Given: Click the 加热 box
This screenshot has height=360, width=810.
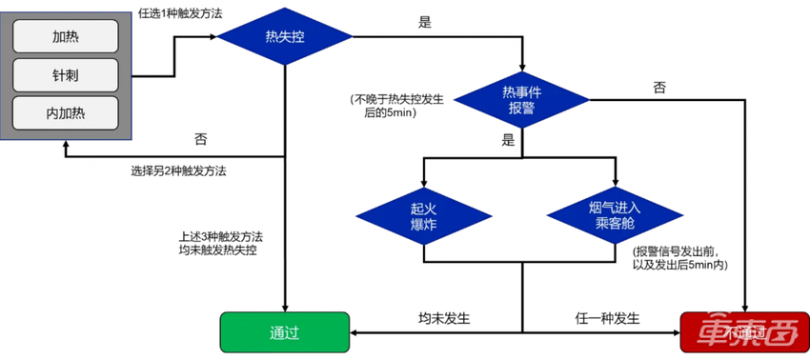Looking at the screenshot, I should [x=65, y=36].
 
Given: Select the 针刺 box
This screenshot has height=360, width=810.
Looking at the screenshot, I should [x=65, y=74].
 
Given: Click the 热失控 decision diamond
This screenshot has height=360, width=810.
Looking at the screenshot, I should [x=285, y=37].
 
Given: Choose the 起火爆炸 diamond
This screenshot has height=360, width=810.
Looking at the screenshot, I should [x=424, y=214].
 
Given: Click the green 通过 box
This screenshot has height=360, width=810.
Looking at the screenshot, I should [x=285, y=332].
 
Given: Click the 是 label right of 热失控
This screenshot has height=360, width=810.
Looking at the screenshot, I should [x=425, y=22].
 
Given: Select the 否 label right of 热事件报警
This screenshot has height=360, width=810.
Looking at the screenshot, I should [x=659, y=87].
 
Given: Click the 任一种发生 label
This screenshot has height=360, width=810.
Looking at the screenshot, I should [x=607, y=317].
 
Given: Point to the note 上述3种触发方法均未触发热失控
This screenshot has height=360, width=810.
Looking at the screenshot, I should [x=220, y=243].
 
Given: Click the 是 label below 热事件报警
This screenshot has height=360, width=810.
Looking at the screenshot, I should [x=507, y=139].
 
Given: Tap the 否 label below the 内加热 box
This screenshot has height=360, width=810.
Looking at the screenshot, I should [x=201, y=139].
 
